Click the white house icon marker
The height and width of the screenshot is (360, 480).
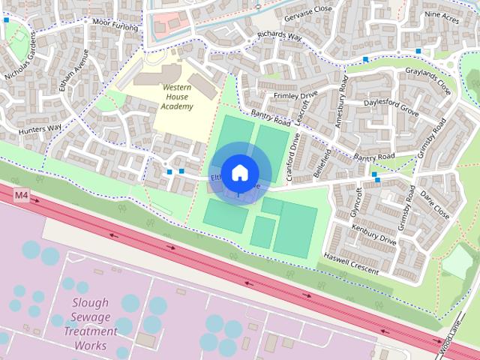click(239, 172)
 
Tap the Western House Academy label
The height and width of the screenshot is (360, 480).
click(178, 97)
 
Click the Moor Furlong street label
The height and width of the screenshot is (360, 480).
click(115, 22)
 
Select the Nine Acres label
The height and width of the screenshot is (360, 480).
click(442, 14)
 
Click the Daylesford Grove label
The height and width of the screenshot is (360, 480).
click(391, 106)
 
